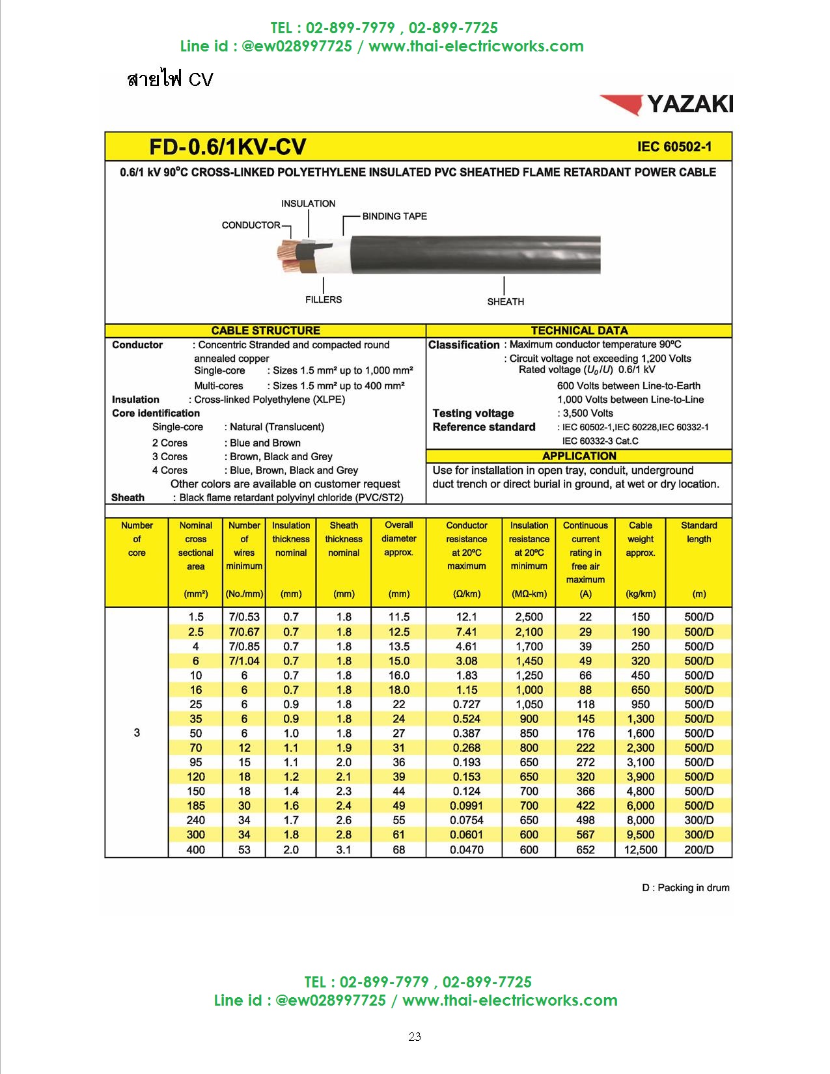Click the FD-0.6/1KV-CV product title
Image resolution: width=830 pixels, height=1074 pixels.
(227, 147)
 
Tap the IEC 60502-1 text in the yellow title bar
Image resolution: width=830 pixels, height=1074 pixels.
(674, 147)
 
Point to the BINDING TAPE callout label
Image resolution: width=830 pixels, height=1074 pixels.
(394, 216)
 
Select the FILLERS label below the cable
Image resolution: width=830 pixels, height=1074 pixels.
(324, 299)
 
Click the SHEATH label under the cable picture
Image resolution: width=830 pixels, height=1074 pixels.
(505, 301)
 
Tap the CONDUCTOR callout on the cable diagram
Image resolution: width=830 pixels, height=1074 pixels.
(251, 225)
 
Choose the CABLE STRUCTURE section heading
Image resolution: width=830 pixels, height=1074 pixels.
(266, 331)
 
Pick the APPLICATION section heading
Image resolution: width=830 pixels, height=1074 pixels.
(579, 456)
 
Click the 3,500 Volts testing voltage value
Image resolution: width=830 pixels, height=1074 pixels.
(588, 413)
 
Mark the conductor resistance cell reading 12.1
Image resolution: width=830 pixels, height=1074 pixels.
(466, 617)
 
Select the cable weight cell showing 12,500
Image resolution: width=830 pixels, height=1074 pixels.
(641, 849)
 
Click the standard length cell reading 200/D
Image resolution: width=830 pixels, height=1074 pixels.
(699, 849)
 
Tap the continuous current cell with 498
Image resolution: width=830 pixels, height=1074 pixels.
(585, 820)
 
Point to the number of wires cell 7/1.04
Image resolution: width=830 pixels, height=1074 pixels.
(244, 661)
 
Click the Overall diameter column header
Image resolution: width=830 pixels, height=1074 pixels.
(398, 539)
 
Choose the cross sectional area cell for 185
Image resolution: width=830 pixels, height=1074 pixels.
(195, 806)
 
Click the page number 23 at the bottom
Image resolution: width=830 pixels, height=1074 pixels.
(415, 1037)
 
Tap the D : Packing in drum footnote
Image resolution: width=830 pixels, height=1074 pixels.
(685, 888)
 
